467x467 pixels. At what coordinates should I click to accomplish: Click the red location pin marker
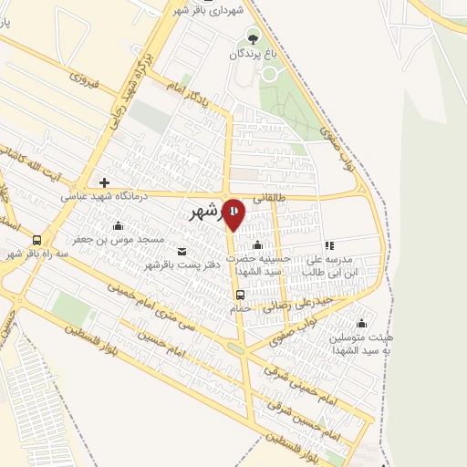[x=234, y=214]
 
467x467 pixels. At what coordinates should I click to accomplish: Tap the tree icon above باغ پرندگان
[x=254, y=37]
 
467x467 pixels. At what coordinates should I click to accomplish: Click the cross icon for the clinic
[x=105, y=182]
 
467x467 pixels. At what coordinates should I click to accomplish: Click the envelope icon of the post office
[x=181, y=252]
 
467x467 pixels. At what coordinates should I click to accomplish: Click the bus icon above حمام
[x=240, y=295]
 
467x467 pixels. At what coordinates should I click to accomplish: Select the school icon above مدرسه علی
[x=329, y=245]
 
